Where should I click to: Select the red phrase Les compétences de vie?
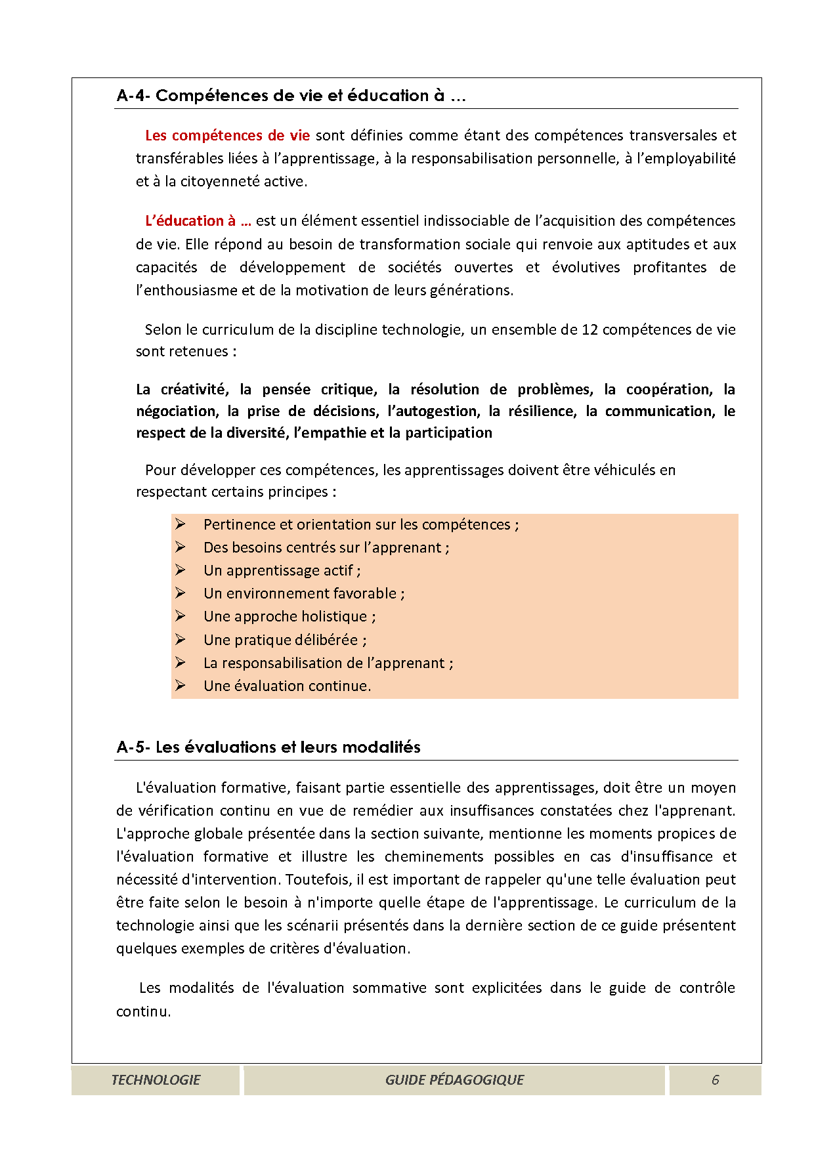227,136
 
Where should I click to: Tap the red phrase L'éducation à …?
198,221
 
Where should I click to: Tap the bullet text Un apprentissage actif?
282,571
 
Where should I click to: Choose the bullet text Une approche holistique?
289,617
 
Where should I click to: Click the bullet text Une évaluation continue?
287,686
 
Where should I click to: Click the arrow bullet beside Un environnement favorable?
181,593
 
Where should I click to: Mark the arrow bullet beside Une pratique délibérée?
181,640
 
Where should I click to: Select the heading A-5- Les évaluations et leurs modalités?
268,747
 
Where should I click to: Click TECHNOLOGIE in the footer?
156,1080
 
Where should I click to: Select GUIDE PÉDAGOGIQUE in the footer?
454,1080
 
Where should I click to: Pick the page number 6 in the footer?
716,1080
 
